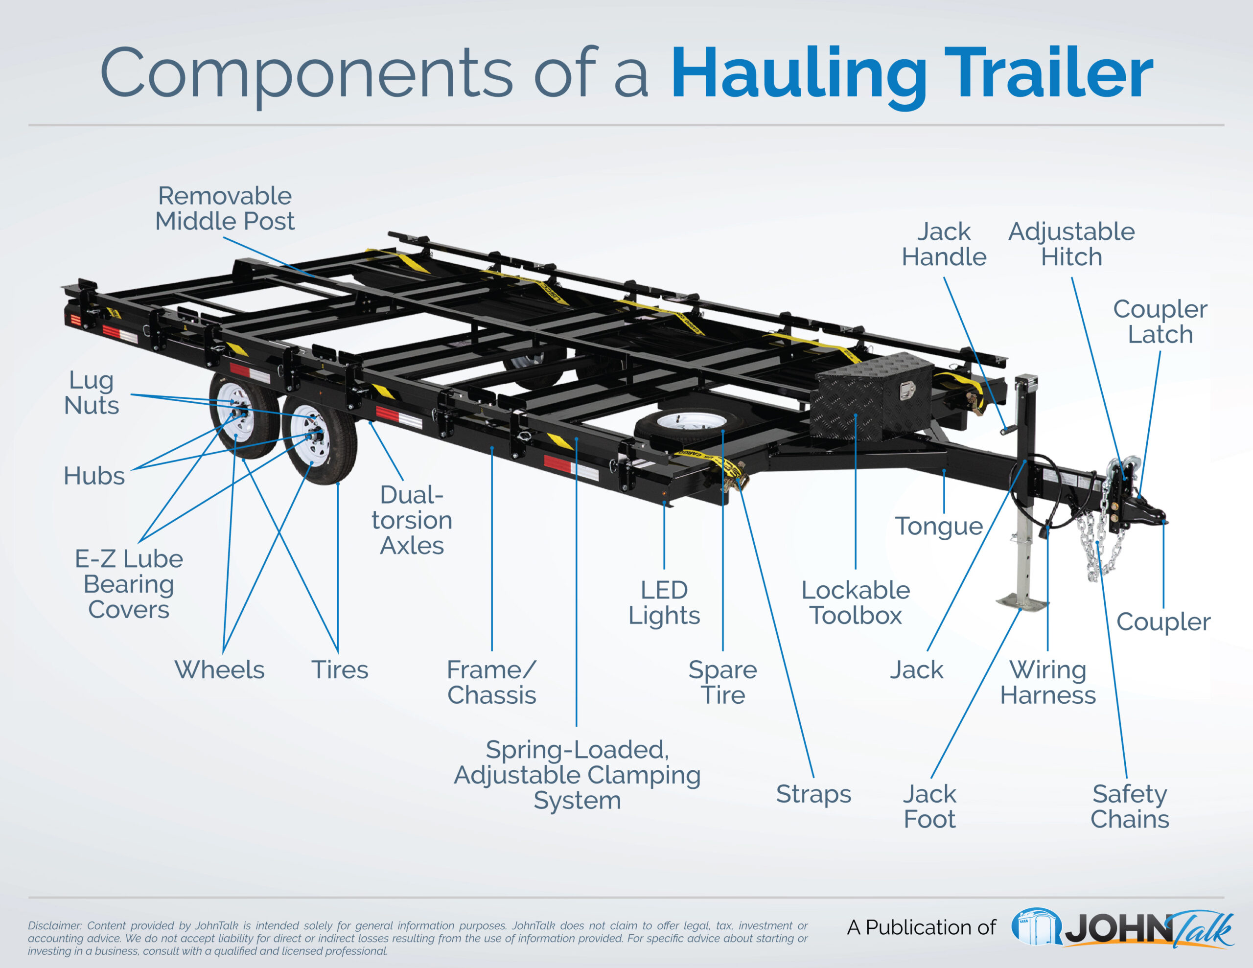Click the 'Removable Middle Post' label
point(224,208)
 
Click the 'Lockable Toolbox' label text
point(856,602)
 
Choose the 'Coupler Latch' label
point(1160,322)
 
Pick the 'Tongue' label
point(939,526)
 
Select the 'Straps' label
point(813,794)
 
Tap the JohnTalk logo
point(1122,928)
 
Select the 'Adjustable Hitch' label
point(1071,244)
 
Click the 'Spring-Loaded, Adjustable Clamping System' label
point(577,774)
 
